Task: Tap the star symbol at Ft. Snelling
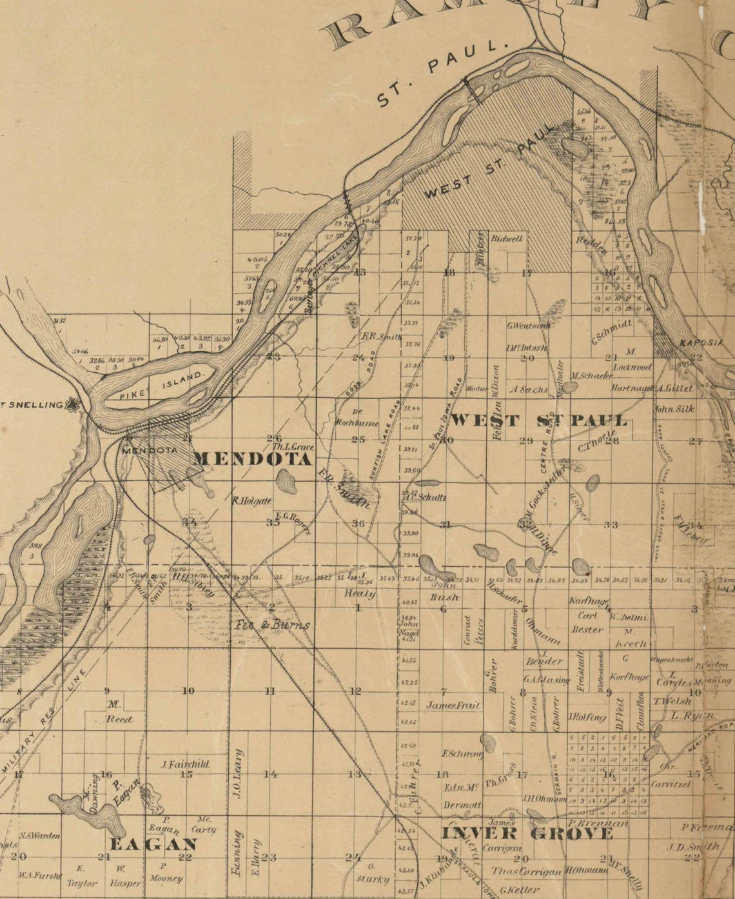[x=75, y=406]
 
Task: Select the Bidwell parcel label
[x=507, y=238]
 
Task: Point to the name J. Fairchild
[x=185, y=764]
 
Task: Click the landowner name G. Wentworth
[x=529, y=326]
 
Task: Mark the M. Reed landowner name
[x=117, y=713]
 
